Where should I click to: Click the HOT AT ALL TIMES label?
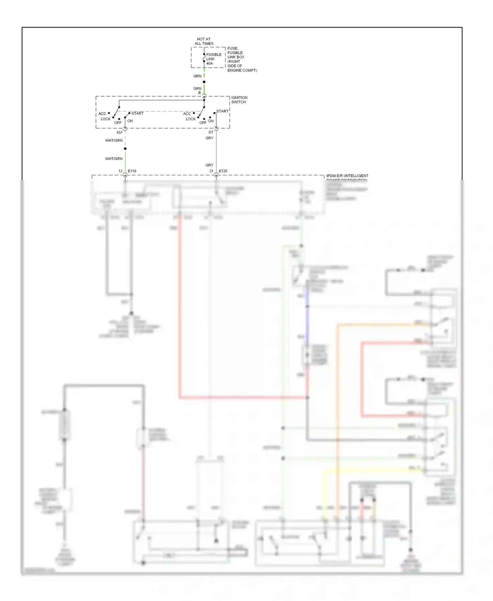(x=204, y=41)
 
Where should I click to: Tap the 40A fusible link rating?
(x=210, y=63)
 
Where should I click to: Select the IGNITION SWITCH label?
(x=239, y=100)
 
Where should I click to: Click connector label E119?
(x=132, y=171)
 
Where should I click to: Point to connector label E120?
(x=223, y=171)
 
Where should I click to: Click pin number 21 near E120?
(x=211, y=171)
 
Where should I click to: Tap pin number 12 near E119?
(x=120, y=171)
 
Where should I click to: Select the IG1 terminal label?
(x=120, y=132)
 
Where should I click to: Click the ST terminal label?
(x=211, y=132)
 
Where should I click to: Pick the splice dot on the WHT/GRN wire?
(x=125, y=149)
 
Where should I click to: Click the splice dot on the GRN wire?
(x=204, y=82)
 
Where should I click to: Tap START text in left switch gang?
(x=137, y=113)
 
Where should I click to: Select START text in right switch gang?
(x=223, y=111)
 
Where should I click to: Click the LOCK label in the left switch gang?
(x=106, y=119)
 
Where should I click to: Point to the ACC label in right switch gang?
(x=187, y=114)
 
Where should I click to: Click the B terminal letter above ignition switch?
(x=200, y=93)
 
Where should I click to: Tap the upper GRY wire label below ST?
(x=209, y=138)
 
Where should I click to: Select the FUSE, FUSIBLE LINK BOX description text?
(x=242, y=59)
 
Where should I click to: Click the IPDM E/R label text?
(x=347, y=176)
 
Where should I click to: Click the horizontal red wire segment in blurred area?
(x=243, y=397)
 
